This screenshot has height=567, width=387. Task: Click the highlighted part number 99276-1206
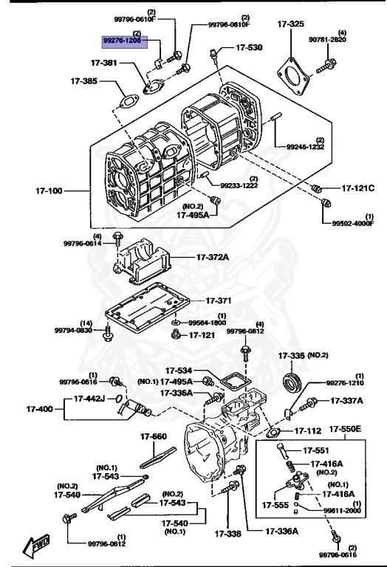[123, 41]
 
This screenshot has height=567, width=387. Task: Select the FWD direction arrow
[35, 546]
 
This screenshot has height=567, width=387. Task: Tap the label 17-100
[49, 190]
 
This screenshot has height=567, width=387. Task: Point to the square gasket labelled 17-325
[294, 75]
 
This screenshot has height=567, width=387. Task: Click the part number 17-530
[249, 47]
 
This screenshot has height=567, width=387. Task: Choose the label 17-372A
[212, 258]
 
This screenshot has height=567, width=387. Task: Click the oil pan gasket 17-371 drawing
[147, 310]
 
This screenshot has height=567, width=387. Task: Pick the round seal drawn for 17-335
[292, 382]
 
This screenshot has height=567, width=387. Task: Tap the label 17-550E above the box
[345, 429]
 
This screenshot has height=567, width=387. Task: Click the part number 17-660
[154, 436]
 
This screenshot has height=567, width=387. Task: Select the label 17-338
[228, 533]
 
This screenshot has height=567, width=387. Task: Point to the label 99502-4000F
[353, 224]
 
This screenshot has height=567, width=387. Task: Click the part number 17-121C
[358, 188]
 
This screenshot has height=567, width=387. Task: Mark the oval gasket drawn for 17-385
[129, 101]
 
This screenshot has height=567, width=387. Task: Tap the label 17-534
[179, 371]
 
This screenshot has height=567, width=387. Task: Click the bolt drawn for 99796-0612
[69, 518]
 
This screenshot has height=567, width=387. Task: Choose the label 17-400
[39, 409]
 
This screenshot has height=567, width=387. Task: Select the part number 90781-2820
[327, 39]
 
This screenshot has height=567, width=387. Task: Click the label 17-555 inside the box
[275, 505]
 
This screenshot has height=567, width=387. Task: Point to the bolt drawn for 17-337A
[308, 405]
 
